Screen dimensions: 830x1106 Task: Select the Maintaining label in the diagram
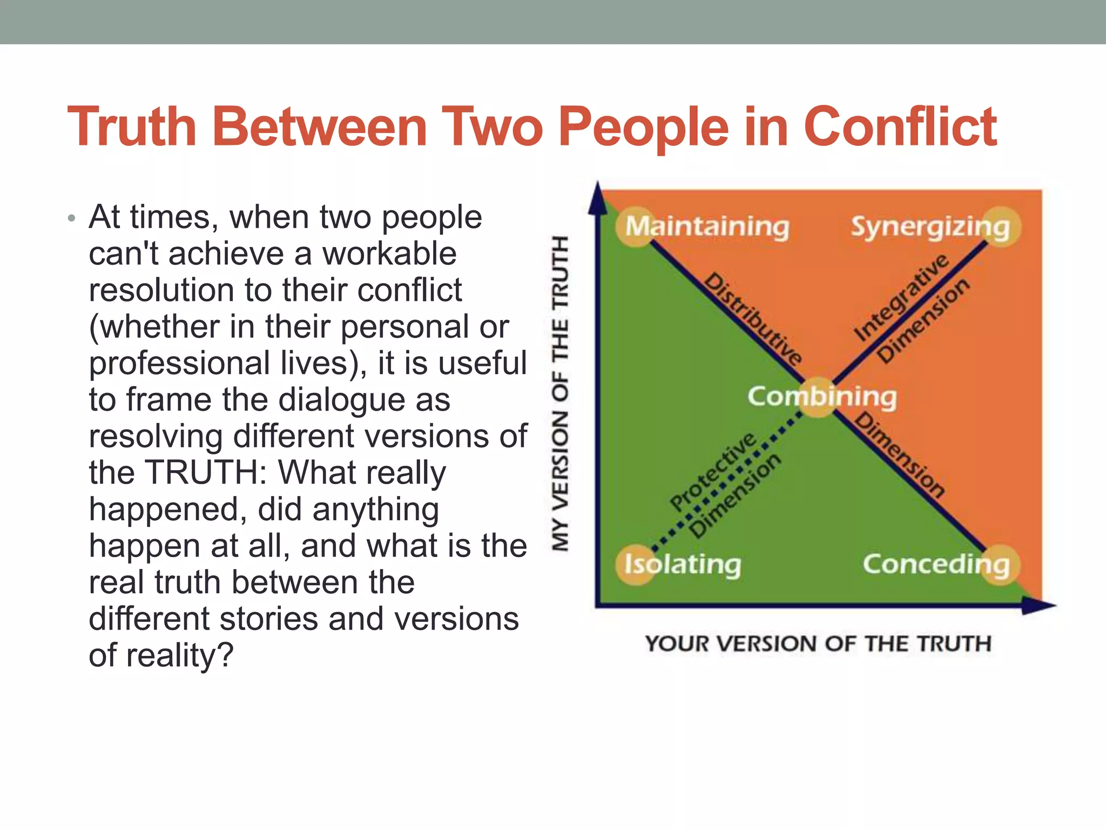tap(707, 226)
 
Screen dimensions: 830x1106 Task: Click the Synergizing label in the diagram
tap(930, 227)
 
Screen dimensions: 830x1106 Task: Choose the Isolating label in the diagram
tap(683, 565)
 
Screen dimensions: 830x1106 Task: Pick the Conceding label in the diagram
tap(936, 565)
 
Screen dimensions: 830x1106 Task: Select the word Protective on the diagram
tap(713, 471)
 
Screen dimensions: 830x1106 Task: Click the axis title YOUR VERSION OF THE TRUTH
tap(818, 644)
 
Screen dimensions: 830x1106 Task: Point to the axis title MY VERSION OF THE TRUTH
tap(560, 393)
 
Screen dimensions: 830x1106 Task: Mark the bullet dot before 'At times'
tap(71, 219)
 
